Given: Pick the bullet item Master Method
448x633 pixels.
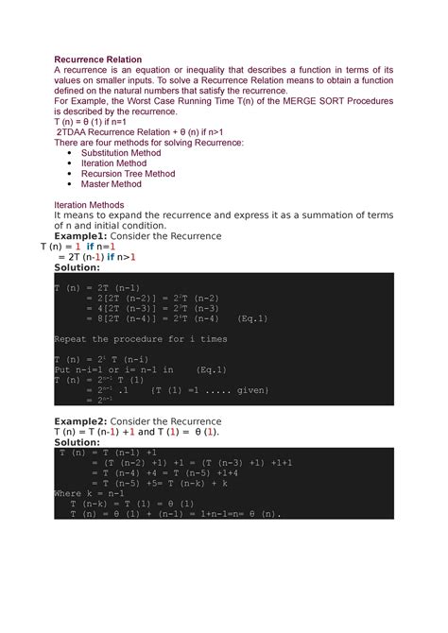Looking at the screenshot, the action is [118, 186].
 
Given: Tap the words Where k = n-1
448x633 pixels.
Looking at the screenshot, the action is [91, 492].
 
